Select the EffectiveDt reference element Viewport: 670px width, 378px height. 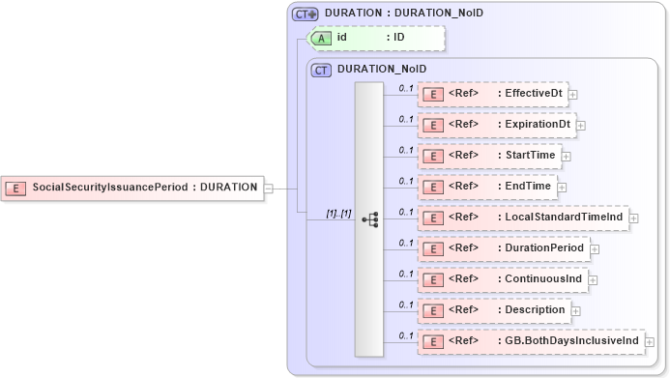click(x=492, y=94)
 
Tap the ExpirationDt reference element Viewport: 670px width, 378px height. click(x=496, y=125)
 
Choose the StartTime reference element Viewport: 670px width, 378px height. click(x=489, y=155)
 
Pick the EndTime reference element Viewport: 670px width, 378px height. click(x=486, y=186)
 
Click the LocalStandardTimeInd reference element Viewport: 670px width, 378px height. click(x=522, y=218)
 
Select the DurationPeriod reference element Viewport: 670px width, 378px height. click(x=503, y=248)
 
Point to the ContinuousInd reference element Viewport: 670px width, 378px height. click(x=502, y=279)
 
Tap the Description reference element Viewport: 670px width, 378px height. click(x=493, y=310)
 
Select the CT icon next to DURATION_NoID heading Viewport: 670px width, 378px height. click(x=321, y=70)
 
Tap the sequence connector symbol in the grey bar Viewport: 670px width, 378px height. click(x=369, y=219)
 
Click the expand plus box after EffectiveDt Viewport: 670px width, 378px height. click(x=573, y=95)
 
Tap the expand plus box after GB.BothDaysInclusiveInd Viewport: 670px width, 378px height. click(x=650, y=342)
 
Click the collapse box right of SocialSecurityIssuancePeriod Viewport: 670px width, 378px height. click(x=269, y=189)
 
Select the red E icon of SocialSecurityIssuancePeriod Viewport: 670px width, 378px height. click(x=16, y=188)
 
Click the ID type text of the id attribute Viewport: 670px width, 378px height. click(x=397, y=38)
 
